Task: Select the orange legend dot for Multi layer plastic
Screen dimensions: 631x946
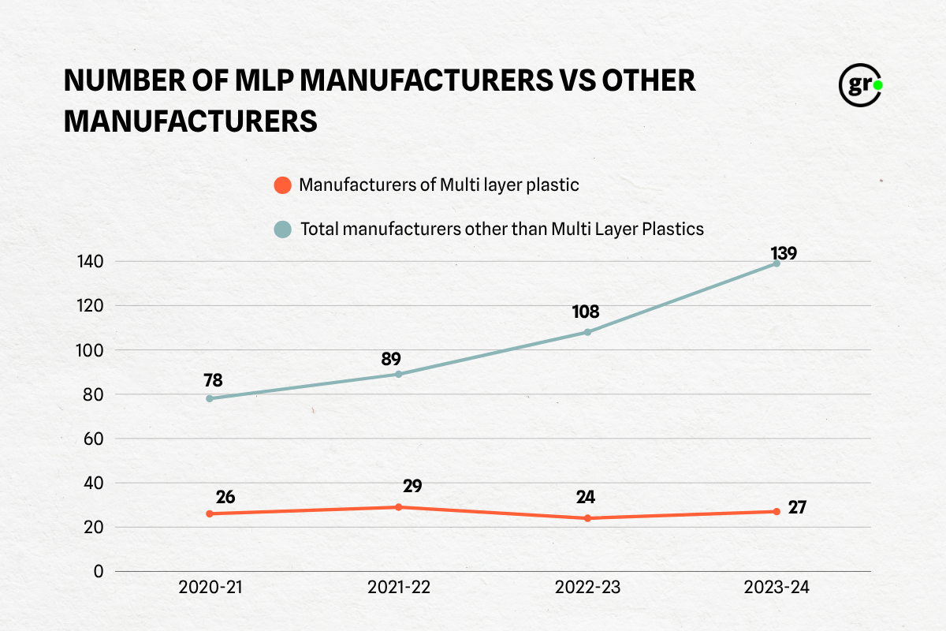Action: click(281, 186)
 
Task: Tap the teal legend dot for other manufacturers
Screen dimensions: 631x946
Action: click(281, 230)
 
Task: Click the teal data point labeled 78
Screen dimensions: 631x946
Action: click(210, 398)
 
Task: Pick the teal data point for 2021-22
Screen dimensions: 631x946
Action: click(399, 374)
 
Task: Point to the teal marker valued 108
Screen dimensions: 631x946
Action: click(587, 332)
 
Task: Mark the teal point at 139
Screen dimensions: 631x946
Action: click(777, 263)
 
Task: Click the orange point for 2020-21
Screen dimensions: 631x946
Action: click(210, 513)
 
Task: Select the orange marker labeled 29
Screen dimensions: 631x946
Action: click(399, 507)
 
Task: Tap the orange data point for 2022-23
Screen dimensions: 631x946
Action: click(587, 518)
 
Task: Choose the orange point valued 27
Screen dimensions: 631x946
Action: click(777, 511)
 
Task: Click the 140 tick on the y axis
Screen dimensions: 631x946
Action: click(92, 261)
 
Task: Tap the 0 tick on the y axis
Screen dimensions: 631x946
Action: click(99, 571)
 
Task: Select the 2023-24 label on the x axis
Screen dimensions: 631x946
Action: click(777, 588)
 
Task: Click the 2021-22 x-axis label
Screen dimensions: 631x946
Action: click(399, 588)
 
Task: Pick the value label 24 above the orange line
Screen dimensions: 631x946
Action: click(585, 497)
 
